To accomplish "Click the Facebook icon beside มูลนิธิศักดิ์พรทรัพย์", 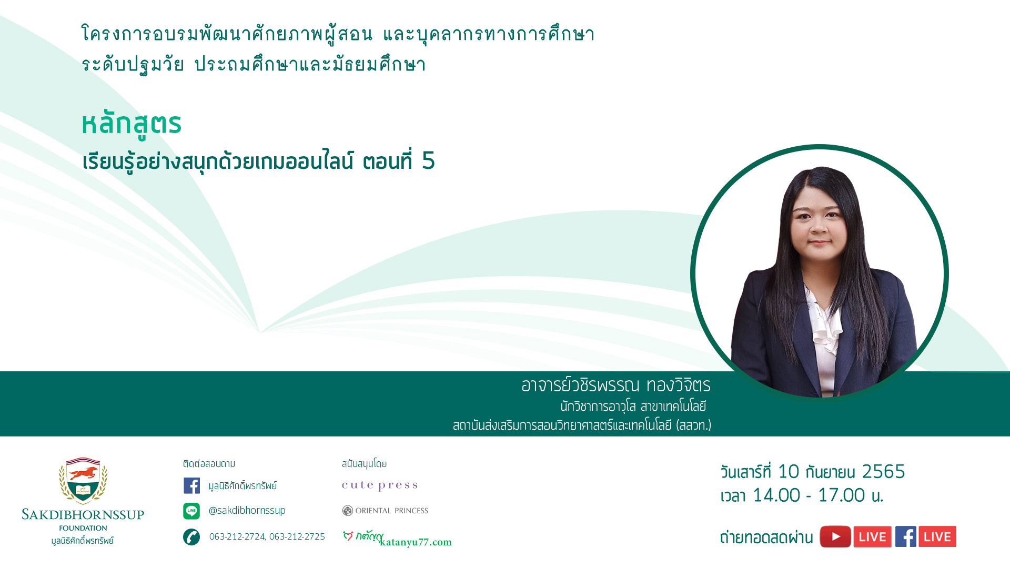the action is pos(191,485).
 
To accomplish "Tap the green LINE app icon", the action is pos(191,511).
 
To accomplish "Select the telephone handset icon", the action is pos(191,537).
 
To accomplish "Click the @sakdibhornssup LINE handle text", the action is pos(247,510).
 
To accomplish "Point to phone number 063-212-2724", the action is pos(237,536).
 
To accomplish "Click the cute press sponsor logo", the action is pos(380,485).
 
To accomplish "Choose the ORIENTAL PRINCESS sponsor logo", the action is pos(385,511).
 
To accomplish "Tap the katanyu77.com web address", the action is pos(416,542).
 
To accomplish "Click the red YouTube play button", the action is pos(835,536).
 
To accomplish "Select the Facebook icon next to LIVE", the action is pos(906,536).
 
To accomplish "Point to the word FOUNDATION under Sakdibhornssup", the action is pos(83,528).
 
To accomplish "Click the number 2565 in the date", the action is pos(883,471).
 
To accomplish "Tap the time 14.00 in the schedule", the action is pos(776,495).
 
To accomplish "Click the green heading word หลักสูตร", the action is pos(132,124).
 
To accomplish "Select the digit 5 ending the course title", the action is pos(429,160).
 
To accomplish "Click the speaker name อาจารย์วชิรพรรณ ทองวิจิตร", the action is pos(616,386).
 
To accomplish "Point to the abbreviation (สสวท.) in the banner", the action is pos(694,425).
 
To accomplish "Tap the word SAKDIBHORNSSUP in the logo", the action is pos(83,514).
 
